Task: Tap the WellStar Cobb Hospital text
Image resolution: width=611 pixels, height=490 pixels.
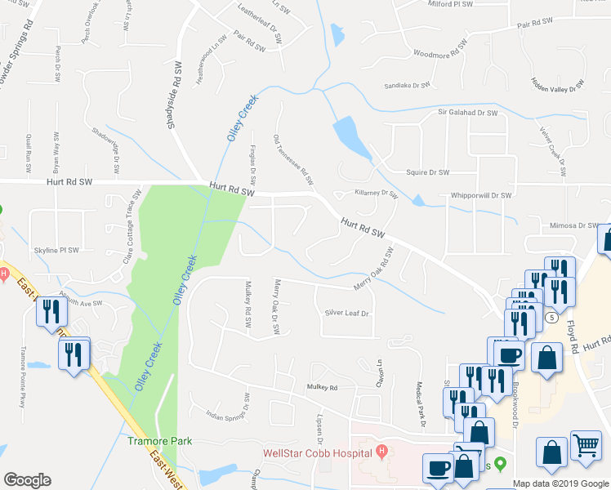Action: click(319, 453)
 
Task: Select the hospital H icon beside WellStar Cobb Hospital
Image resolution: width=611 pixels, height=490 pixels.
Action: click(381, 452)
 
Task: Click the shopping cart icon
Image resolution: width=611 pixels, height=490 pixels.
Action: click(586, 447)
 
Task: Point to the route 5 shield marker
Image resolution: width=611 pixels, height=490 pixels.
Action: click(553, 317)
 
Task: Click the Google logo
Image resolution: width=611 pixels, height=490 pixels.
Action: click(27, 480)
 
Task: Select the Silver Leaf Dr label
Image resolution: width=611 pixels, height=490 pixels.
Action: click(348, 313)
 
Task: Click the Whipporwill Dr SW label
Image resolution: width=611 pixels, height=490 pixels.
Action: click(480, 196)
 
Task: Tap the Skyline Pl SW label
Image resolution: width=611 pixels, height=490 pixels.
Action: click(56, 251)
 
